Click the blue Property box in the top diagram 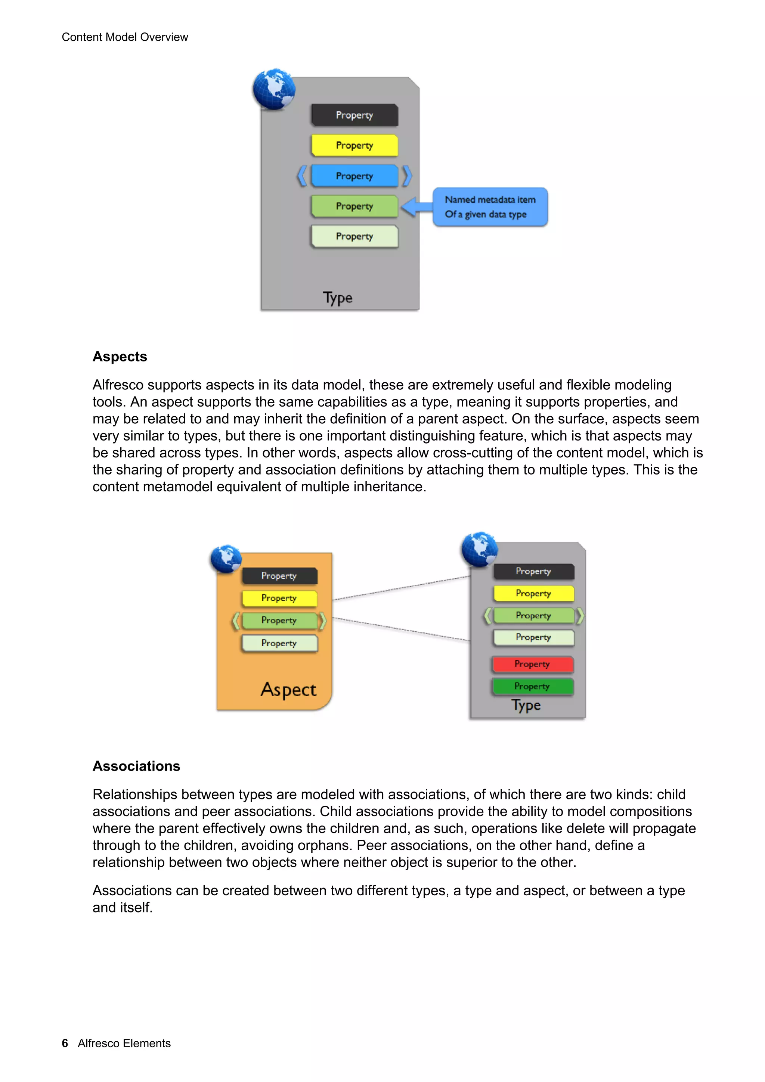pos(354,176)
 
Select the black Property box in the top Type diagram pos(354,115)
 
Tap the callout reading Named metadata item pos(490,207)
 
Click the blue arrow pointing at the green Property pos(416,206)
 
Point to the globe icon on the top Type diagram pos(274,89)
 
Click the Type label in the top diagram pos(337,298)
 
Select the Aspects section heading pos(120,357)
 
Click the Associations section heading pos(136,766)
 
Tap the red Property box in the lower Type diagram pos(533,664)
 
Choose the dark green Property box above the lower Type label pos(533,686)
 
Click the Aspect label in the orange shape pos(288,690)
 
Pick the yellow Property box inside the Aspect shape pos(279,598)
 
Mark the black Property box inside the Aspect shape pos(279,575)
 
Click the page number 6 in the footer pos(65,1043)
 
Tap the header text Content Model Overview pos(125,37)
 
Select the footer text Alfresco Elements pos(124,1043)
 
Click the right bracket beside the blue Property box pos(407,176)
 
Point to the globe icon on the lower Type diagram pos(479,549)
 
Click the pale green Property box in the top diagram pos(354,236)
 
